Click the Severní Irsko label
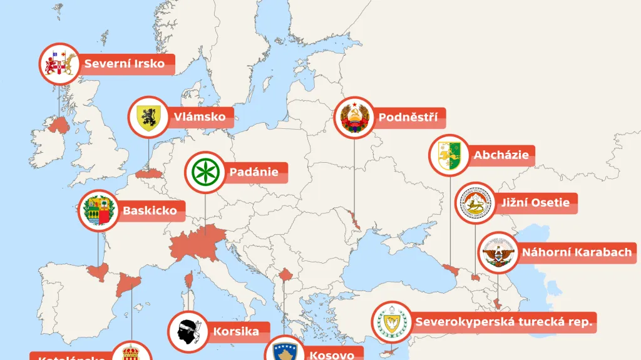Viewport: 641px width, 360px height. click(x=125, y=63)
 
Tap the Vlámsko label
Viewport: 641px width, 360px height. click(x=195, y=116)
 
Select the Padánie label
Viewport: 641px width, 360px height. click(x=253, y=172)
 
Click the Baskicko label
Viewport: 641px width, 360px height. click(x=150, y=210)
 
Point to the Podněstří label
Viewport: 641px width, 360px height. click(x=408, y=117)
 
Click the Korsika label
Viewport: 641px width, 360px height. click(x=236, y=331)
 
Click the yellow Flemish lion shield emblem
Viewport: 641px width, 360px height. click(x=148, y=116)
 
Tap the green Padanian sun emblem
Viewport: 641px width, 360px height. click(x=205, y=172)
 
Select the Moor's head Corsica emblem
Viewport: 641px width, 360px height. click(x=188, y=331)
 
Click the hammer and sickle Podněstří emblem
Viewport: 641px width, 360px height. click(x=354, y=117)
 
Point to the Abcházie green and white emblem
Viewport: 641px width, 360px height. click(x=449, y=155)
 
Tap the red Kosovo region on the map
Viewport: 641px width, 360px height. click(x=286, y=275)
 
